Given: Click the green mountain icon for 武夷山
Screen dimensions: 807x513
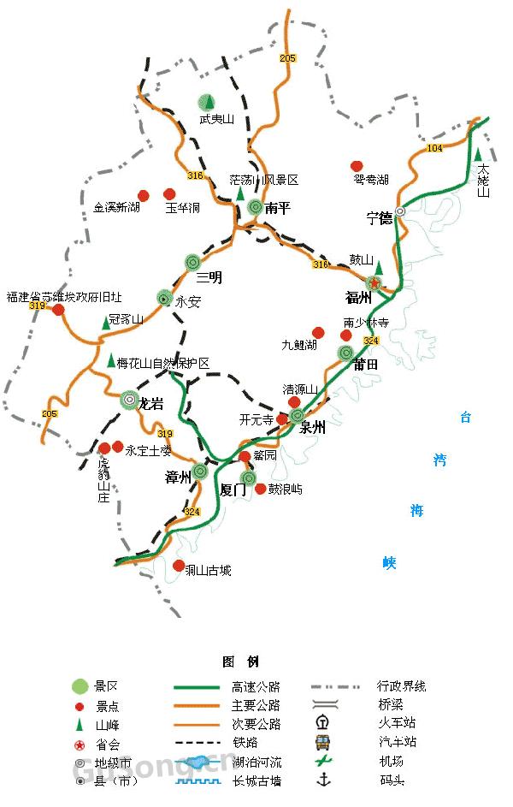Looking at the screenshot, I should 205,103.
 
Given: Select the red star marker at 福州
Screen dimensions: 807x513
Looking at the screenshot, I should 374,283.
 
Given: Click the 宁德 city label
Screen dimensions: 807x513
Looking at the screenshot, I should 379,218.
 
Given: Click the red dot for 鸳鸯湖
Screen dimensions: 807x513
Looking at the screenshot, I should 357,166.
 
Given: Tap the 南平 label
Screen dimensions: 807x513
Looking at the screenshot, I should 278,208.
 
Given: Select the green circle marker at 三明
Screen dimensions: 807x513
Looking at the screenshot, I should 192,263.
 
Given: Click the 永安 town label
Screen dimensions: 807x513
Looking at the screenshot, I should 186,301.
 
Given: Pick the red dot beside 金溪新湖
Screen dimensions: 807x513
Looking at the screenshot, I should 144,194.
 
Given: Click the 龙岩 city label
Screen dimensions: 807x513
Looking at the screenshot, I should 150,404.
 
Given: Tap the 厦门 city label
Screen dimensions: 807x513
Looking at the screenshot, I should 233,490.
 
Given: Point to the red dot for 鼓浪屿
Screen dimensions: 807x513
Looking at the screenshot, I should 260,489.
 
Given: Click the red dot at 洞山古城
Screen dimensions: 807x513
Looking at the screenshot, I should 179,566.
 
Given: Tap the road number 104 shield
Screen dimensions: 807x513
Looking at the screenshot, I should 434,148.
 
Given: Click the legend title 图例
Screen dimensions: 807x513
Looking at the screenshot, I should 240,662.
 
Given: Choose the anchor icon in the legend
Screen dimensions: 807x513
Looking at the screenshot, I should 323,780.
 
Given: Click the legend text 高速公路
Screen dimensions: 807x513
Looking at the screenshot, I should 256,686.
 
